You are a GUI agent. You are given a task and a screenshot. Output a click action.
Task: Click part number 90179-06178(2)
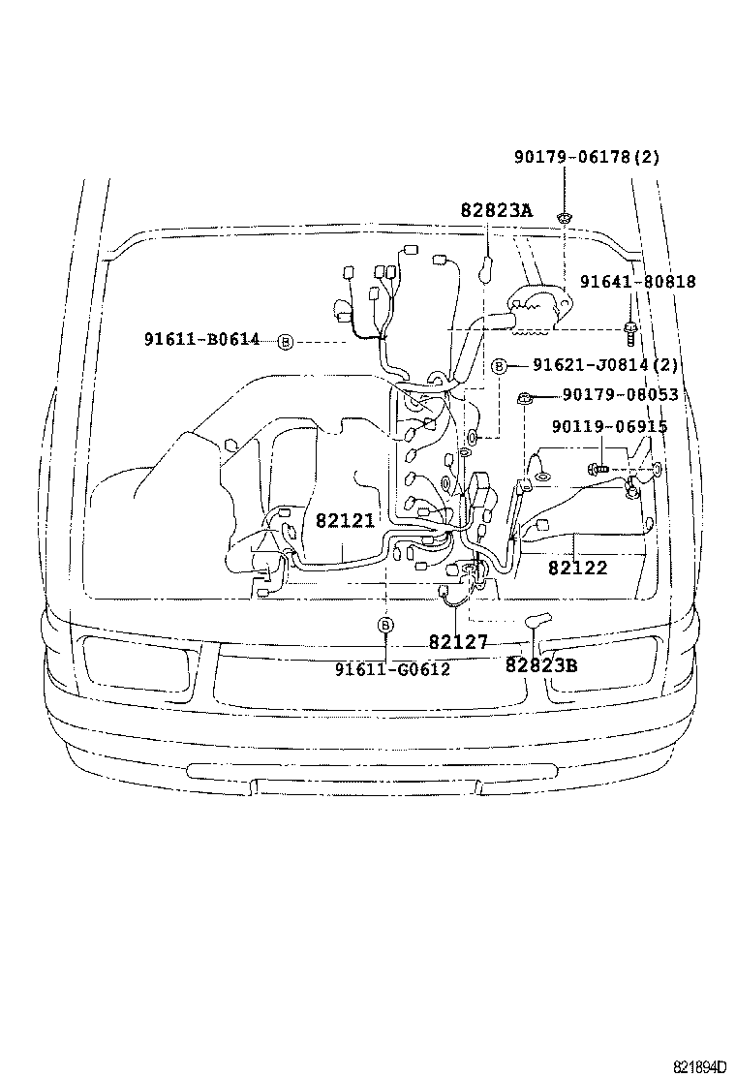(587, 157)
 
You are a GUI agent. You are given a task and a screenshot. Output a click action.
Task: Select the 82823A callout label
(497, 210)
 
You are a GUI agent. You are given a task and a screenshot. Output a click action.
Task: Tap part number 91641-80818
(638, 282)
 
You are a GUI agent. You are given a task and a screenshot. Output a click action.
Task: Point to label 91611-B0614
(201, 339)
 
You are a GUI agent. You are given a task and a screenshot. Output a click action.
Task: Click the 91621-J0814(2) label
(605, 365)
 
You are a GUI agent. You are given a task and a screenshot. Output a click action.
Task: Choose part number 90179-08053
(621, 395)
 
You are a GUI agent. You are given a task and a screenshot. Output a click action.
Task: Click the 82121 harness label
(346, 521)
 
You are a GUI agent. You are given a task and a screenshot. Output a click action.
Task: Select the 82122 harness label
(577, 568)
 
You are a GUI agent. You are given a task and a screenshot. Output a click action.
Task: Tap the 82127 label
(458, 642)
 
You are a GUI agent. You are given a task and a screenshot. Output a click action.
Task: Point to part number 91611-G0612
(393, 669)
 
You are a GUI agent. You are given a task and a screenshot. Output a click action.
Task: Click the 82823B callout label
(541, 664)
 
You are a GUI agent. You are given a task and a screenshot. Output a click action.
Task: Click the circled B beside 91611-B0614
(285, 341)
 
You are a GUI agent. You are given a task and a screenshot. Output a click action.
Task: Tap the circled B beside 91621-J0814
(499, 366)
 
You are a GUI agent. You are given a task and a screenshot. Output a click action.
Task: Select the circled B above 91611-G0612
(385, 625)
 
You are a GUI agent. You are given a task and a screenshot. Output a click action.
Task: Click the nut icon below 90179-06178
(563, 218)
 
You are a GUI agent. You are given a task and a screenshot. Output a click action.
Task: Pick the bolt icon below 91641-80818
(631, 333)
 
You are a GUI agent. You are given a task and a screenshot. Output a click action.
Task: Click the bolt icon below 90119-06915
(597, 470)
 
